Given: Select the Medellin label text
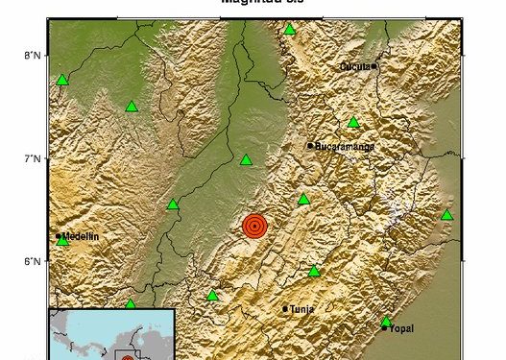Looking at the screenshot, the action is (81, 236).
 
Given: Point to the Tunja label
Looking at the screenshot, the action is (301, 309).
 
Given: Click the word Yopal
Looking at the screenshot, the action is (401, 328).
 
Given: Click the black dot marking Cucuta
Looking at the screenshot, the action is (374, 66).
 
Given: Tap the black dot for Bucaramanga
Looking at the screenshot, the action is (310, 146).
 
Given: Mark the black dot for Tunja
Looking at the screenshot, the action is (285, 309).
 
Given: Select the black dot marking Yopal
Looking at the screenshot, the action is (385, 328).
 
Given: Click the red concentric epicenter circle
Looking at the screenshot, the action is (254, 227).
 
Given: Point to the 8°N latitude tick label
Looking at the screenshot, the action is (32, 55).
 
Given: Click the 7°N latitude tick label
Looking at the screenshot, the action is (32, 158).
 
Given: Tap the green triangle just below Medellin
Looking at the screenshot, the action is (63, 241).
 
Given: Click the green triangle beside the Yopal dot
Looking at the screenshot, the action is (386, 322).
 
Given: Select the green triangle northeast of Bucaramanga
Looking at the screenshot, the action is (353, 122).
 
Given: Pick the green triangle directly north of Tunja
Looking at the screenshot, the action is (314, 271).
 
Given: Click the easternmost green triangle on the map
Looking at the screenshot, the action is (446, 214).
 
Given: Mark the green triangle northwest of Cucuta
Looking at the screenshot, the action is (290, 29).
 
